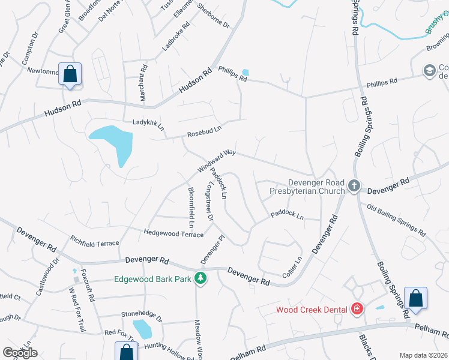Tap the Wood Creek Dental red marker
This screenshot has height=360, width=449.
357,309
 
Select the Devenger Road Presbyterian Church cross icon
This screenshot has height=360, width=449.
354,187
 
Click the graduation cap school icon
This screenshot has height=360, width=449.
429,71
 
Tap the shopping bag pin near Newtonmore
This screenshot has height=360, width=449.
70,75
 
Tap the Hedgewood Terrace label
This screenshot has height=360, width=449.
173,233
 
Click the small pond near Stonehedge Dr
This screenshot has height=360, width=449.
143,329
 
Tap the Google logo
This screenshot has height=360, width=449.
20,353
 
